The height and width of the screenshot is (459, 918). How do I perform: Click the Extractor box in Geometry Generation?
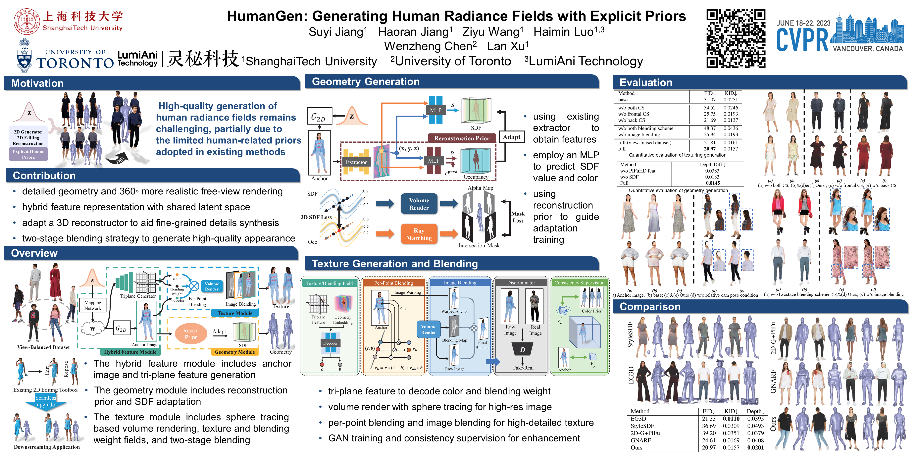[x=356, y=162]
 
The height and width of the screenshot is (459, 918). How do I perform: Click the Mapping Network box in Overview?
[x=93, y=305]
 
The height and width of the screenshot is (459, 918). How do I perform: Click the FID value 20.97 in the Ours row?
[x=708, y=448]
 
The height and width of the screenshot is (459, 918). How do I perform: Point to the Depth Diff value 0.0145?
[x=713, y=183]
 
